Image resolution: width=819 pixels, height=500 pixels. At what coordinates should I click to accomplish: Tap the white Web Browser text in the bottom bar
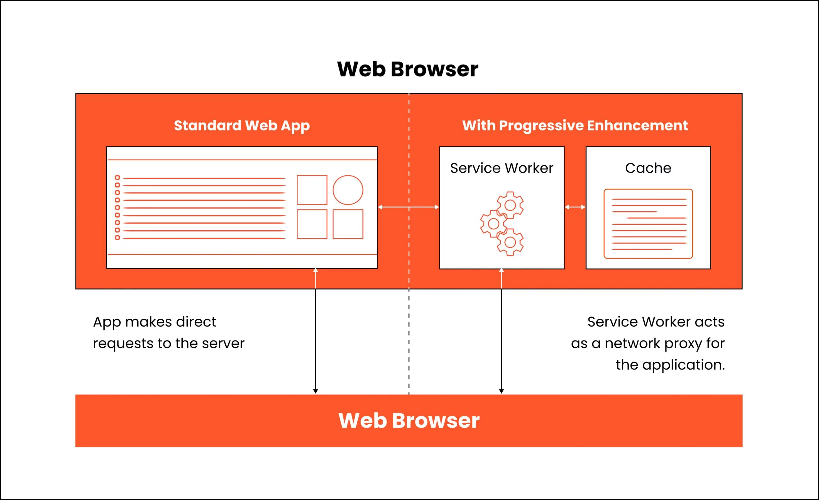coord(409,421)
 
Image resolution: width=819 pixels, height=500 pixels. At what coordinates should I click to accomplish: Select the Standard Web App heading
coord(242,126)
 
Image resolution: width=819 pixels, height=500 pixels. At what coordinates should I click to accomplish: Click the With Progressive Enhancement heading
coord(575,126)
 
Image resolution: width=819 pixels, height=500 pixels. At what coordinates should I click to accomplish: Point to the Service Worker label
coord(502,168)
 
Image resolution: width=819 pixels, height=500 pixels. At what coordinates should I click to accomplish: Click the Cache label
coord(648,168)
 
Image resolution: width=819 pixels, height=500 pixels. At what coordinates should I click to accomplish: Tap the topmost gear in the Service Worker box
coord(510,205)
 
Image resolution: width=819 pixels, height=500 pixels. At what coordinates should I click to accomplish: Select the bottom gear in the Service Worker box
coord(510,242)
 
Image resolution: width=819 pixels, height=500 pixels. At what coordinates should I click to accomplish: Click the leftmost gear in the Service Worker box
coord(493,223)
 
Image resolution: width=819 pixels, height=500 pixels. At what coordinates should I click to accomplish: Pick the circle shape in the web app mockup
coord(348,190)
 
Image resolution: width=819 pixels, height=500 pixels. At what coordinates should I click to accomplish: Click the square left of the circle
coord(312,190)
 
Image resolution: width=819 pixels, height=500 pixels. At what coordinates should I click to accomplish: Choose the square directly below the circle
coord(348,224)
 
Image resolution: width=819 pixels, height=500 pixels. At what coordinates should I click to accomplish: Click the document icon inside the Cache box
coord(648,223)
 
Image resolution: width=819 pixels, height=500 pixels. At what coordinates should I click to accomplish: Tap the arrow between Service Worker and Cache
coord(575,207)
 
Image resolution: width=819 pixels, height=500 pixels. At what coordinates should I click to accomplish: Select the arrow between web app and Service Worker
coord(409,207)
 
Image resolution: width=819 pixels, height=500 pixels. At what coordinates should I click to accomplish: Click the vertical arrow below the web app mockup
coord(315,332)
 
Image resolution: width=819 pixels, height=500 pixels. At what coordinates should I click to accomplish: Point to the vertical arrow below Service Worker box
coord(501,332)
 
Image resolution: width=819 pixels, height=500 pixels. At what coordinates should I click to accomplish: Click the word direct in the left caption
coord(196,322)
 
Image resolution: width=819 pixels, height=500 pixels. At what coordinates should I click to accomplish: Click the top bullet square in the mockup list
coord(117,177)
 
